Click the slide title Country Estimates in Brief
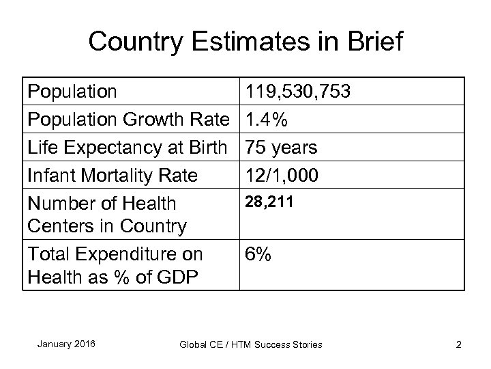pos(245,42)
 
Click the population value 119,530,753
pos(299,92)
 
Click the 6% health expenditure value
pos(258,255)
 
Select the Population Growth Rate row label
pos(128,120)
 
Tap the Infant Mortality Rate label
pos(113,176)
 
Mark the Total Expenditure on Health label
pos(115,265)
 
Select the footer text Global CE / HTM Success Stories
pos(250,344)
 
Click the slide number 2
pos(458,344)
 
